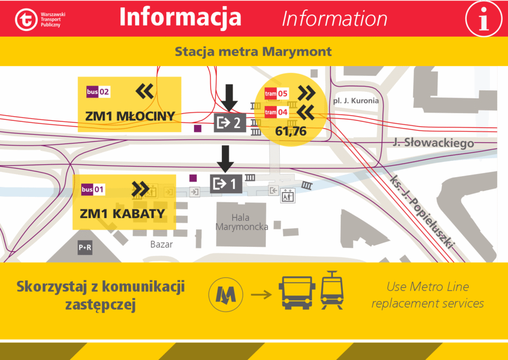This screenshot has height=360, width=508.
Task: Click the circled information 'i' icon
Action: tap(484, 18)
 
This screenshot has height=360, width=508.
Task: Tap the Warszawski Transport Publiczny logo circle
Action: tap(25, 19)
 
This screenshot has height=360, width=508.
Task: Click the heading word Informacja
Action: tap(180, 17)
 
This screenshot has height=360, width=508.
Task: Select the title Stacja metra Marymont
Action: tap(254, 52)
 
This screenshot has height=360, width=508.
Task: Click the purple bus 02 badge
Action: tap(98, 92)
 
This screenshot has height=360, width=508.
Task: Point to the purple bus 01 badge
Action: tap(93, 189)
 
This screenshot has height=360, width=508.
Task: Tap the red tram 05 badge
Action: tap(276, 93)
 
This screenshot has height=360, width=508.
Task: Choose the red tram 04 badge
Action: tap(276, 112)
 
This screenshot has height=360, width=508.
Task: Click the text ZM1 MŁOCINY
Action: tap(130, 117)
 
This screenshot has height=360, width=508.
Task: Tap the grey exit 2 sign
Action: tap(230, 122)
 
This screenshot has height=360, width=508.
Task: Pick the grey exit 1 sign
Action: tap(226, 183)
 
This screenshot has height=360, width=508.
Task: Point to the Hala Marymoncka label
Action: tap(242, 222)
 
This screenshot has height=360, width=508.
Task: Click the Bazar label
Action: tap(161, 244)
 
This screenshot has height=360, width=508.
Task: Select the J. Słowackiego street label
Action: tap(433, 143)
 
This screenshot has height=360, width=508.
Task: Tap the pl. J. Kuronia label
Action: tap(356, 101)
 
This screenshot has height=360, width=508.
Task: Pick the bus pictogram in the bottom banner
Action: tap(297, 293)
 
